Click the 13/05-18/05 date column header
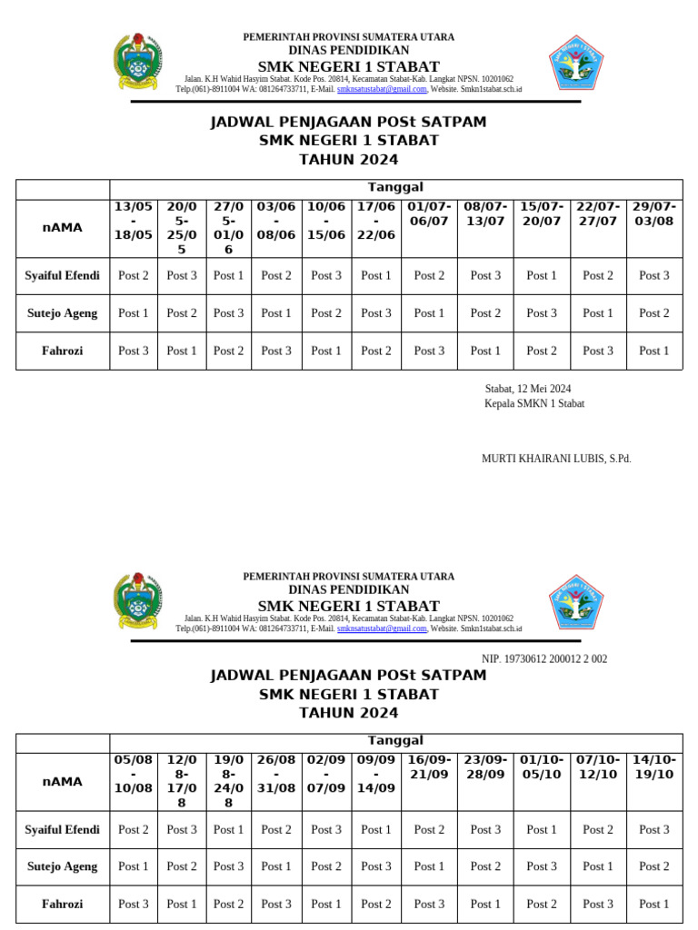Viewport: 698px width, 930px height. click(134, 221)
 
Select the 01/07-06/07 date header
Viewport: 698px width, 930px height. click(429, 214)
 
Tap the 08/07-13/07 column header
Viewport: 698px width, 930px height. click(485, 214)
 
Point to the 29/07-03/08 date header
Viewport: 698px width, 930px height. click(653, 214)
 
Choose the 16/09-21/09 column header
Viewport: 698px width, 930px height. click(429, 767)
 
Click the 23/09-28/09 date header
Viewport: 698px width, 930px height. click(485, 767)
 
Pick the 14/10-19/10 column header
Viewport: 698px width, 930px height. click(653, 767)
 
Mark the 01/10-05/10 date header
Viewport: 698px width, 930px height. click(542, 767)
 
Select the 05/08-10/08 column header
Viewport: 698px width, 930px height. click(134, 774)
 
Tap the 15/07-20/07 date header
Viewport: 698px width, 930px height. click(542, 214)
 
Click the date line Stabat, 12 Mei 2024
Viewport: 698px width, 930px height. click(528, 389)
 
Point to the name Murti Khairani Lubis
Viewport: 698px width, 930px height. click(556, 459)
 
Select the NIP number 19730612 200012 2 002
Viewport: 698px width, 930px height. click(544, 659)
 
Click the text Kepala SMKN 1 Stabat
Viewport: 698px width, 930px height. click(534, 403)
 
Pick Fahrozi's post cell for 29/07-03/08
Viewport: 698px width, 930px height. click(653, 351)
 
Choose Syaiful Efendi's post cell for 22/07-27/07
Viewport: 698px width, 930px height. click(598, 275)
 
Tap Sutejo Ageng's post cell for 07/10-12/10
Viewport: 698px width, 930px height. click(598, 866)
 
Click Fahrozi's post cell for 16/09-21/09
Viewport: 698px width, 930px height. click(429, 904)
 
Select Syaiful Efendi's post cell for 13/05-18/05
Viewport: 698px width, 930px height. click(134, 275)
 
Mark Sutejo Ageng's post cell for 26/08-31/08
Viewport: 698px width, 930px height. click(276, 866)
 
